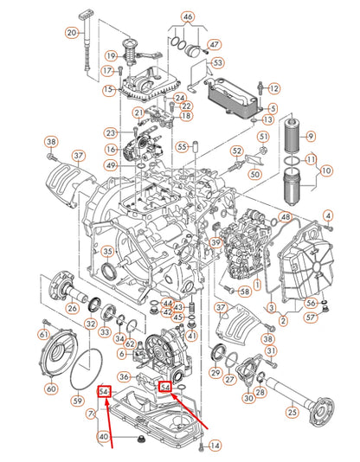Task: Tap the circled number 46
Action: pos(188,17)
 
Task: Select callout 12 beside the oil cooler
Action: pos(273,88)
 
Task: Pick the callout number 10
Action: pos(326,172)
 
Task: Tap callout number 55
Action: pos(183,146)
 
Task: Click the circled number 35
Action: pos(107,252)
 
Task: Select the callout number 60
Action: pos(50,388)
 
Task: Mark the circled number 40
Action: pos(103,436)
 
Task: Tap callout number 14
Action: pos(215,446)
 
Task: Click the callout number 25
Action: pos(292,414)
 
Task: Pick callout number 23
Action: pos(110,132)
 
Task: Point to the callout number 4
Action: pos(328,215)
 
